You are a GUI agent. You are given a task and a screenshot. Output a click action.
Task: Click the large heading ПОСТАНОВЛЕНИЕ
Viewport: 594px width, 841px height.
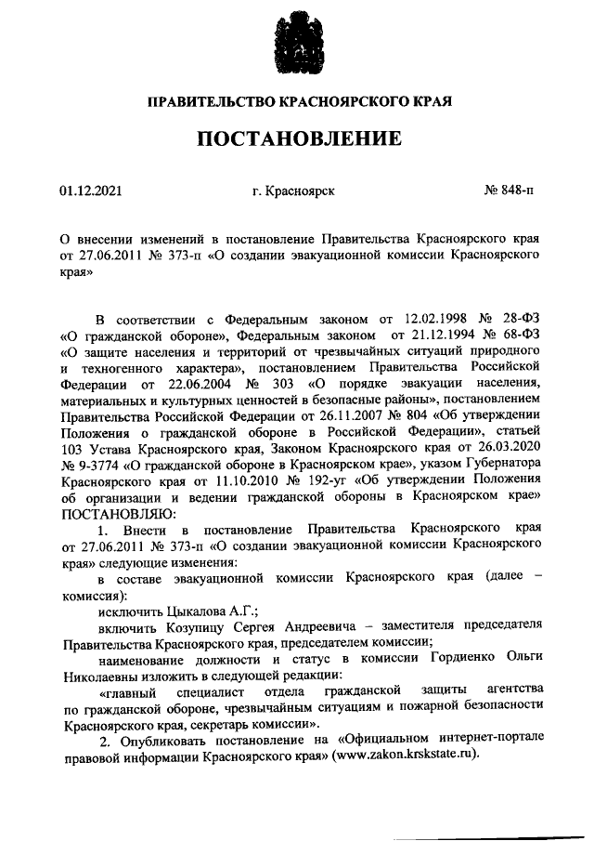point(298,140)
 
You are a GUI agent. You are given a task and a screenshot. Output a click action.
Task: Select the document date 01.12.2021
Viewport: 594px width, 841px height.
point(91,191)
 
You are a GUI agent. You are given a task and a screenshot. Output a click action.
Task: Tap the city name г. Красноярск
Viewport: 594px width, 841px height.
point(293,191)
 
